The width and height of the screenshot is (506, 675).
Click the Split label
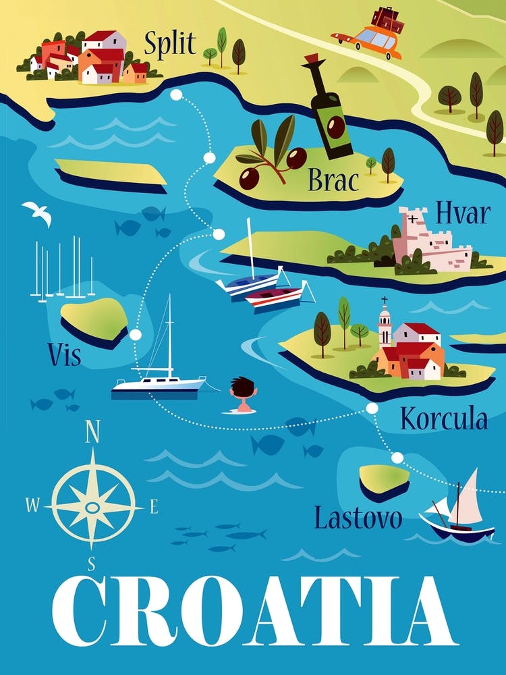pyautogui.click(x=170, y=45)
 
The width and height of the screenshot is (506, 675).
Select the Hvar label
pyautogui.click(x=462, y=213)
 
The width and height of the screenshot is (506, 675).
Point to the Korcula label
pyautogui.click(x=444, y=420)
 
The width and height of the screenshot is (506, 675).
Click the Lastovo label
pyautogui.click(x=358, y=518)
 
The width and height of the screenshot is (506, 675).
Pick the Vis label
pyautogui.click(x=64, y=354)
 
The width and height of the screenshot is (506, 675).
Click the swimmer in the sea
pyautogui.click(x=243, y=395)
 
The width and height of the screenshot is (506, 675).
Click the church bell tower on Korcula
pyautogui.click(x=385, y=324)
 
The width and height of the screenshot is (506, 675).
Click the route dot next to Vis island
pyautogui.click(x=136, y=335)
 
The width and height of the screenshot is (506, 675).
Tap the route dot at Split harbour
pyautogui.click(x=176, y=94)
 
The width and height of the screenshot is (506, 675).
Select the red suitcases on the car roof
pyautogui.click(x=389, y=19)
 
